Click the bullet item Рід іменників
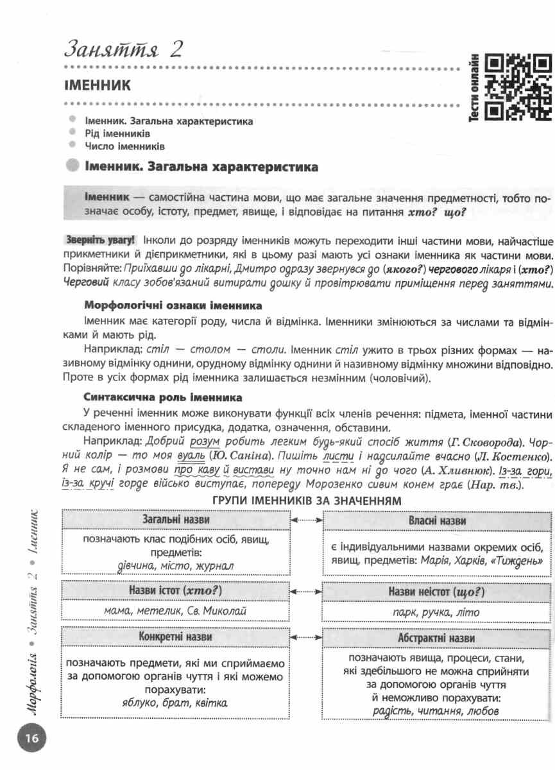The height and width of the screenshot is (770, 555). (x=117, y=133)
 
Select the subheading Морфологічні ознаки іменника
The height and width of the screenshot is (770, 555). (x=173, y=305)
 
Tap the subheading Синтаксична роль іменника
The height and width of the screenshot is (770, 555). (x=163, y=397)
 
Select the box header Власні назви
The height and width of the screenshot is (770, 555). (x=436, y=520)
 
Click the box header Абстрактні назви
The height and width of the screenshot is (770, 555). (x=436, y=638)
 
